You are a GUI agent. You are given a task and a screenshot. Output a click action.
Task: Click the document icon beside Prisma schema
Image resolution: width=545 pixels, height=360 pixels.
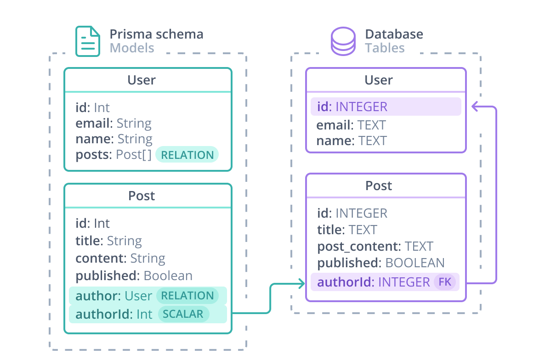(x=87, y=41)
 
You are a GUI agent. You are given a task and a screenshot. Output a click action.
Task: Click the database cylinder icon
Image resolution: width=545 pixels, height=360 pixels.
(x=343, y=41)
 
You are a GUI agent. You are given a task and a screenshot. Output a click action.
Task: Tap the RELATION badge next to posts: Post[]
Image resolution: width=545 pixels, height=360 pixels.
(x=187, y=155)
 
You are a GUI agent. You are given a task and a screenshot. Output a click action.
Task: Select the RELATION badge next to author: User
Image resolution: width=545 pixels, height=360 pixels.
(x=187, y=296)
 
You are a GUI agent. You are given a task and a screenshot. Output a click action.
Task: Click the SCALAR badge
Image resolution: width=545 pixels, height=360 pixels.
(x=183, y=314)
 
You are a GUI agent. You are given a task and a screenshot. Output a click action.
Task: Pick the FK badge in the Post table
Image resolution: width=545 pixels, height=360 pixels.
(x=445, y=282)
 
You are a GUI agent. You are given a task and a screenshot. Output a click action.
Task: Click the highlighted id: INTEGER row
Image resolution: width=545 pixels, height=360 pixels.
(x=386, y=107)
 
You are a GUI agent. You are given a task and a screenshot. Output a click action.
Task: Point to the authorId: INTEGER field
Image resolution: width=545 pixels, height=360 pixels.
(x=373, y=282)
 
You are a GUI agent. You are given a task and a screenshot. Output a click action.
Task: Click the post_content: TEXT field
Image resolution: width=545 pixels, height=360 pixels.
(x=375, y=246)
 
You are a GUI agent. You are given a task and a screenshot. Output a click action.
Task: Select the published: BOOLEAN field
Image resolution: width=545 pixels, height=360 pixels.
(x=380, y=263)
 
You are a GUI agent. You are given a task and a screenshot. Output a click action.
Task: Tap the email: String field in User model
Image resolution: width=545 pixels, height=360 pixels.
(x=114, y=123)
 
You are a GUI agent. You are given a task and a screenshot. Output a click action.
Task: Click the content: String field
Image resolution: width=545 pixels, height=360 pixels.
(x=120, y=258)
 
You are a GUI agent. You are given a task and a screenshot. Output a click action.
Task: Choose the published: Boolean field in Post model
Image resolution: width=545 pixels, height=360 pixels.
(x=134, y=276)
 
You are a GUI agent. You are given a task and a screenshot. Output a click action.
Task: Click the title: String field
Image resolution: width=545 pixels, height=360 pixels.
(x=108, y=241)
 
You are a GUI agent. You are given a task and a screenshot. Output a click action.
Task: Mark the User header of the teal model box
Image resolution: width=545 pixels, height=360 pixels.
(x=142, y=80)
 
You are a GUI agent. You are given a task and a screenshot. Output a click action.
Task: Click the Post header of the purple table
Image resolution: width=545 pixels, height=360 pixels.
(x=379, y=186)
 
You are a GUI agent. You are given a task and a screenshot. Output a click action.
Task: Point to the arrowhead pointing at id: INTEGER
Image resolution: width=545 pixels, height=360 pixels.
(x=476, y=107)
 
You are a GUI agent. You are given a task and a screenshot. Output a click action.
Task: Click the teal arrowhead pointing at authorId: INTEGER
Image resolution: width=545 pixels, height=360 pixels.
(x=301, y=284)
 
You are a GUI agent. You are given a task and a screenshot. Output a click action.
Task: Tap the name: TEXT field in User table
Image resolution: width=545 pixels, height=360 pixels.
(x=352, y=141)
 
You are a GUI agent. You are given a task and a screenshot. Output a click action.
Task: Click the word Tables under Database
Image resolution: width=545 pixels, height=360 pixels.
(x=385, y=48)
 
